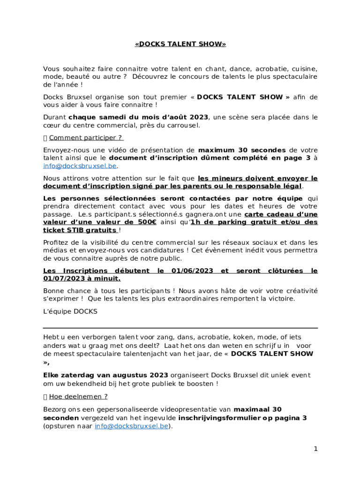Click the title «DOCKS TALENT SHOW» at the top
pos(180,44)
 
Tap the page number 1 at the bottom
pos(316,449)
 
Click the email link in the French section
pos(80,166)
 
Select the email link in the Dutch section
pos(131,426)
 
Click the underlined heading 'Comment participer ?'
pos(86,137)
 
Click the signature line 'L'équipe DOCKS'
pos(70,311)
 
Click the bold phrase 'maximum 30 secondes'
pos(241,150)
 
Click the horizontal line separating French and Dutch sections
pos(180,328)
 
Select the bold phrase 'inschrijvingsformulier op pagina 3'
pos(242,418)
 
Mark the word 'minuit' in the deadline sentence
pos(106,278)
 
